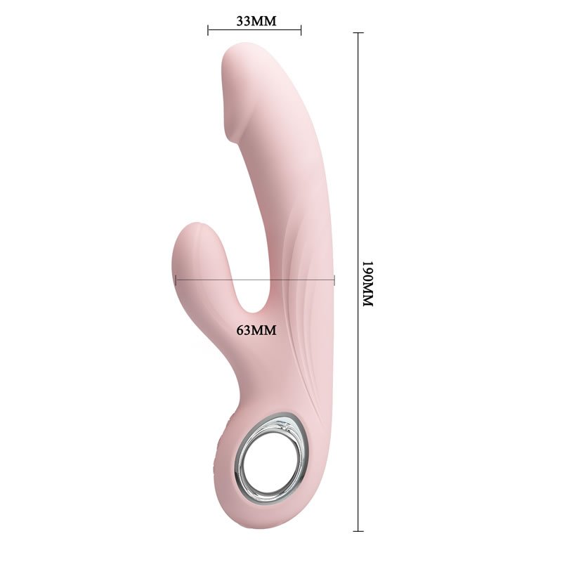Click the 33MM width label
pyautogui.click(x=256, y=21)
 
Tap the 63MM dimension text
pyautogui.click(x=256, y=329)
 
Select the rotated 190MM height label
pyautogui.click(x=368, y=283)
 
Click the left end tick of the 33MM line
pyautogui.click(x=208, y=30)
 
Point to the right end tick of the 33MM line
pyautogui.click(x=301, y=30)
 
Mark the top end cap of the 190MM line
pyautogui.click(x=358, y=32)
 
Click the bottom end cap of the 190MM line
pyautogui.click(x=358, y=531)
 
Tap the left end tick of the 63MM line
pyautogui.click(x=176, y=280)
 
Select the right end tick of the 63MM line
pyautogui.click(x=334, y=280)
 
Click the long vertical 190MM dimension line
pyautogui.click(x=358, y=282)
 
